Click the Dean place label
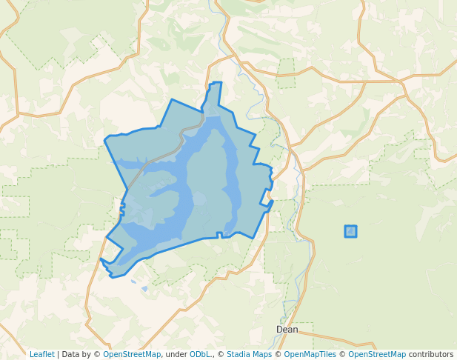coord(287,330)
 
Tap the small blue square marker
coord(350,231)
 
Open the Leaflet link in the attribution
coord(41,354)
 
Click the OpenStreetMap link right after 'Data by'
coord(132,354)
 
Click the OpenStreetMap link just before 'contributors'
coord(377,354)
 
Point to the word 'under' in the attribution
coord(176,354)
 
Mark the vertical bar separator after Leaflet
coord(57,354)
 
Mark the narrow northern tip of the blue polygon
coord(216,84)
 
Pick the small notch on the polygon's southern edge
coord(219,235)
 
